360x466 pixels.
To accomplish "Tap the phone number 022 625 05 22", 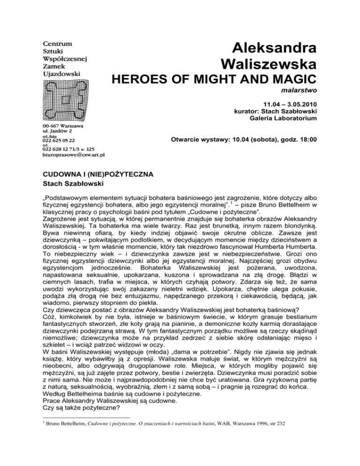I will click(x=58, y=140).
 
